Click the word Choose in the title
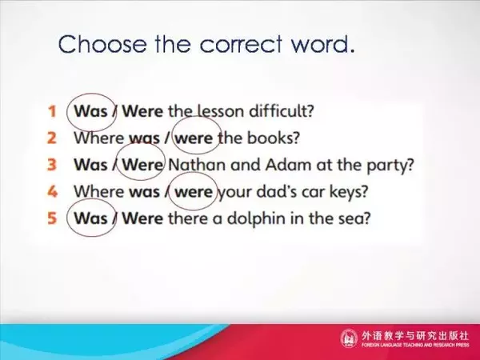click(102, 44)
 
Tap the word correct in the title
click(241, 44)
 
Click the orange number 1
click(52, 111)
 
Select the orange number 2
click(52, 138)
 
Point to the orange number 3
click(52, 165)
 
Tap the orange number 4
click(52, 192)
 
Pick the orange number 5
click(52, 218)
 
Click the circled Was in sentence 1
click(90, 111)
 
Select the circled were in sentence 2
click(194, 138)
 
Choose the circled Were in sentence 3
click(142, 165)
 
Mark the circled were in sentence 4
click(194, 192)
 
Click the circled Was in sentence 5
click(90, 218)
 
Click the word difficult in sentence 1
click(282, 111)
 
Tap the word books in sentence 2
click(273, 138)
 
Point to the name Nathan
click(197, 165)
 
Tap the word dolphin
click(256, 219)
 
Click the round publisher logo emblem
click(349, 338)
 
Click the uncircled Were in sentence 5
click(142, 218)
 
